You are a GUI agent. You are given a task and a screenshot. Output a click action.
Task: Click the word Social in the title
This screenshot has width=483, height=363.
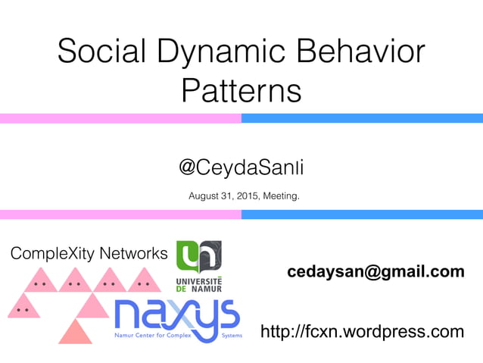point(102,53)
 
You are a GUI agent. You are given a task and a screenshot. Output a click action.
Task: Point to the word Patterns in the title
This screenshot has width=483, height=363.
point(241,92)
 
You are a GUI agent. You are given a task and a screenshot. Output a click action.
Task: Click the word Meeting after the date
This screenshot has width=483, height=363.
point(281,197)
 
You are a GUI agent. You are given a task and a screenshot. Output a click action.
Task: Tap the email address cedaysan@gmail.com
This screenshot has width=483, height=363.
point(375,271)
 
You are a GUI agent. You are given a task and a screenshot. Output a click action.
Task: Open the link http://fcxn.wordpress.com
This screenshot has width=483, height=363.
point(362,331)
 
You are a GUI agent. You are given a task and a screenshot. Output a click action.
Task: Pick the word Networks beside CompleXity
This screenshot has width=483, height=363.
point(134,253)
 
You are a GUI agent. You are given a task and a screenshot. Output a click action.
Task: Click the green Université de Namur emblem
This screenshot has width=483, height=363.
point(198,256)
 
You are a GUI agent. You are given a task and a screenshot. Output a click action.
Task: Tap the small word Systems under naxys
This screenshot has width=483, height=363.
point(232,334)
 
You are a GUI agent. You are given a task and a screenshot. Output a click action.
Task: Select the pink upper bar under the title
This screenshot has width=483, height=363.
point(120,118)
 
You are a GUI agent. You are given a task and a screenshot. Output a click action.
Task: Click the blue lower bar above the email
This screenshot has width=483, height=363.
point(362,214)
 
